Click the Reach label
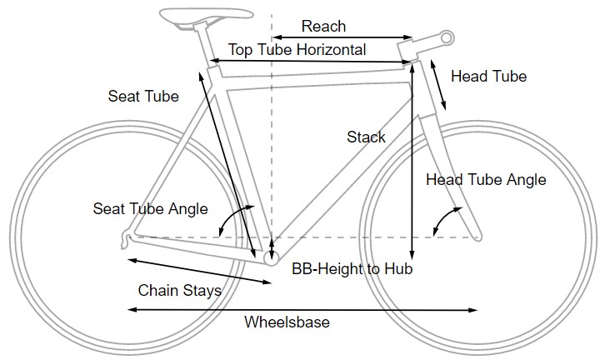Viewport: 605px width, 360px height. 323,27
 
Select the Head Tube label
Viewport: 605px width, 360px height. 488,77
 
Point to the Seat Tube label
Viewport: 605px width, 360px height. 143,97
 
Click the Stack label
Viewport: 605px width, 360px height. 366,137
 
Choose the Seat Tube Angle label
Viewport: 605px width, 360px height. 150,208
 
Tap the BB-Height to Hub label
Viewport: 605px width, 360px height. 352,270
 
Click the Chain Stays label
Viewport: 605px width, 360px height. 179,291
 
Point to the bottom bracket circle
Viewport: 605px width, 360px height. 272,259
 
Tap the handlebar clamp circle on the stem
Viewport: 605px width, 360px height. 446,37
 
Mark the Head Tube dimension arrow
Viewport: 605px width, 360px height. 438,85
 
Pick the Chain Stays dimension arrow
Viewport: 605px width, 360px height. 200,272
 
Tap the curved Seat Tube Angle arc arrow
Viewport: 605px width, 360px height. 233,218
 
